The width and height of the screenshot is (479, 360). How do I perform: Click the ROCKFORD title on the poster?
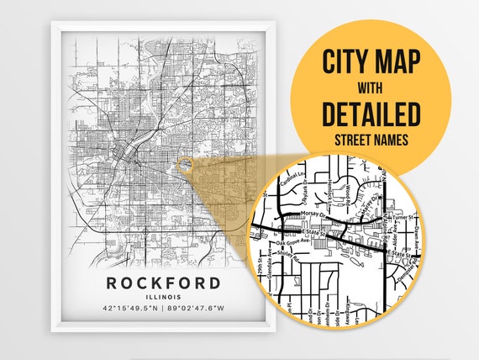tap(164, 282)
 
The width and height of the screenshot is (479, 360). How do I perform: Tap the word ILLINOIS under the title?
tap(164, 297)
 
